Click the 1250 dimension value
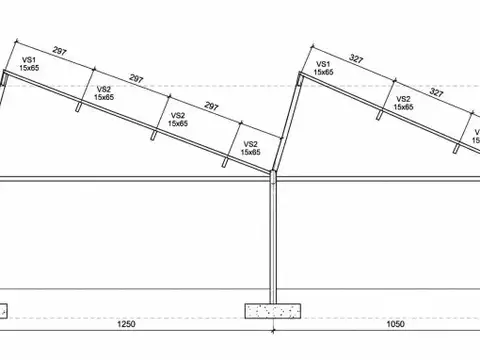[x=126, y=324]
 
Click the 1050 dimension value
[x=395, y=324]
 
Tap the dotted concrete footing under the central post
[x=273, y=311]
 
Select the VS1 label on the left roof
[x=29, y=60]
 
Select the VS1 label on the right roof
[x=323, y=64]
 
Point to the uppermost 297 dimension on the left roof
[x=60, y=51]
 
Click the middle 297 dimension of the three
[x=136, y=79]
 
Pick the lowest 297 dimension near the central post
[x=211, y=106]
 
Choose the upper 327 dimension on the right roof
[x=356, y=59]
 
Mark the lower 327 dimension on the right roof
[x=436, y=92]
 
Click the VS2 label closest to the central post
[x=251, y=144]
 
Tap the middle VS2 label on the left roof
[x=178, y=115]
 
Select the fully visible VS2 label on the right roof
[x=403, y=99]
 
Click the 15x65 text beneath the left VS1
[x=29, y=68]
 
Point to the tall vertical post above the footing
[x=273, y=237]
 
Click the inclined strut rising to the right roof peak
[x=287, y=122]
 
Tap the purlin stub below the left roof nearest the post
[x=226, y=161]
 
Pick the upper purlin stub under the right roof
[x=380, y=114]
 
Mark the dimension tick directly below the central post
[x=273, y=331]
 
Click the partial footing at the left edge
[x=3, y=311]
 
